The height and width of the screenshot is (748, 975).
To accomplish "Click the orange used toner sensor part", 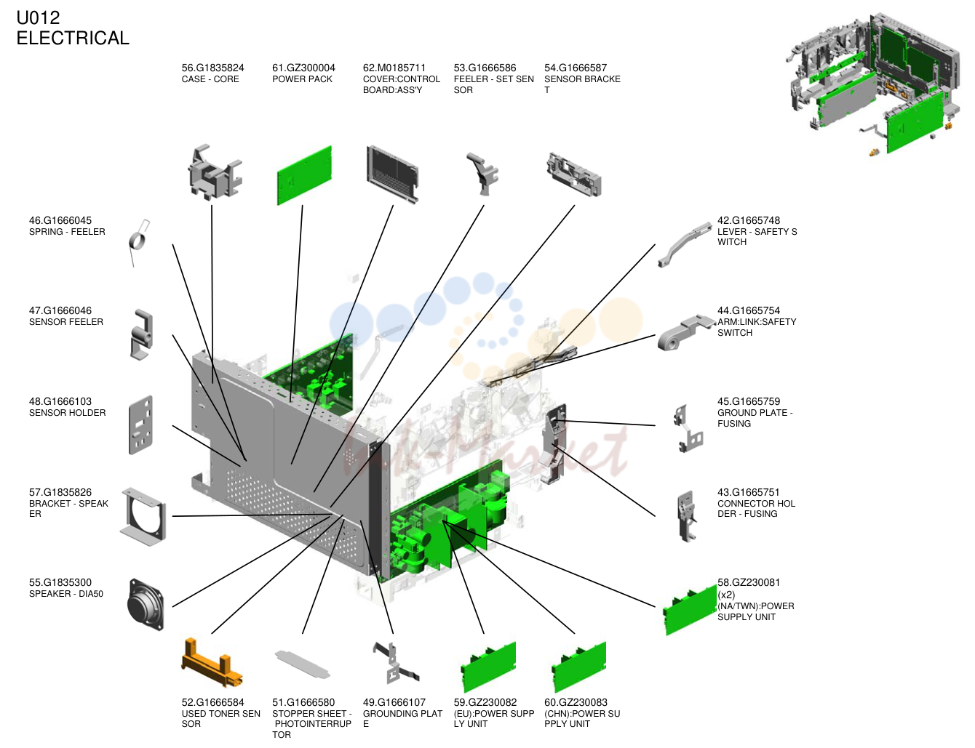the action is (x=211, y=663).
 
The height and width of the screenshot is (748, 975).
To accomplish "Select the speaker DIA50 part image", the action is (x=146, y=605).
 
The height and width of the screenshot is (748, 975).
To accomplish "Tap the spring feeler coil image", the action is (x=139, y=243).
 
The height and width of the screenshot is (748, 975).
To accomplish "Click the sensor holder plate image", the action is (x=141, y=425).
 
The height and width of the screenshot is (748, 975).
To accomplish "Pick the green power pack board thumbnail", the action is (x=304, y=175).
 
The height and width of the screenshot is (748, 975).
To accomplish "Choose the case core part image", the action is (x=215, y=172).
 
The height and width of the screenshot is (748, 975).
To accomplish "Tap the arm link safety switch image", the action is (x=685, y=332).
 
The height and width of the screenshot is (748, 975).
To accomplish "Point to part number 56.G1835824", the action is (x=212, y=68).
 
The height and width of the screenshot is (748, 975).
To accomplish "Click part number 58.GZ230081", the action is (x=749, y=582).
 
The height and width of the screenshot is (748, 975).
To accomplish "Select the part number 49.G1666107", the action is (x=394, y=702).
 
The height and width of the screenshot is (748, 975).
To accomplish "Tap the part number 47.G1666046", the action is (x=60, y=310).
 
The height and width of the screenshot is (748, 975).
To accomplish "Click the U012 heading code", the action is (x=38, y=18).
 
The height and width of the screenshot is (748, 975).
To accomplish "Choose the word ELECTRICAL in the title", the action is (x=73, y=38).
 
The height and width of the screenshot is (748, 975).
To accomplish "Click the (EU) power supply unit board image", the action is (x=488, y=667).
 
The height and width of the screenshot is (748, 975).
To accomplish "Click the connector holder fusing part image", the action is (x=686, y=516).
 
